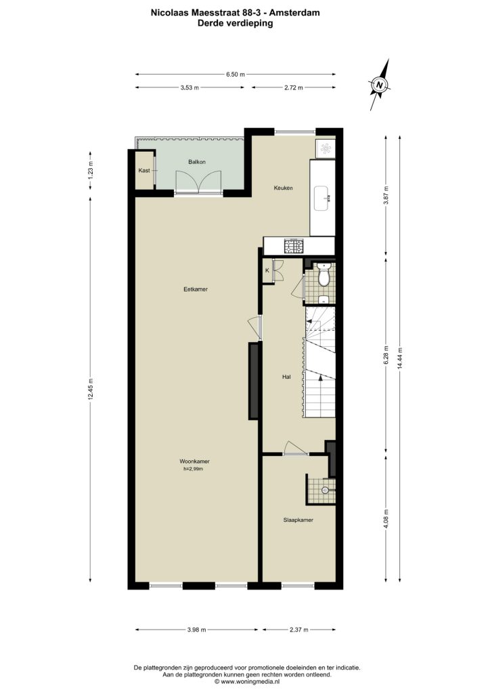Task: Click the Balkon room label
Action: [x=197, y=162]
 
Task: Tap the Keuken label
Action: [x=283, y=188]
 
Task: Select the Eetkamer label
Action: [x=196, y=289]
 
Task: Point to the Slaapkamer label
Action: [x=298, y=520]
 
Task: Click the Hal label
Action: [x=286, y=377]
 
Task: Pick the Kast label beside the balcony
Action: [x=144, y=170]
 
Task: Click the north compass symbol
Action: [x=380, y=85]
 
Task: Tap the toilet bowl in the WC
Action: [x=324, y=277]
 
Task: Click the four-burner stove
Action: [x=294, y=246]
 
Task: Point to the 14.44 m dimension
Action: [x=400, y=357]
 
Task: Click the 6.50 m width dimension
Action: [x=236, y=75]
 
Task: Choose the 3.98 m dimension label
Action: [x=197, y=630]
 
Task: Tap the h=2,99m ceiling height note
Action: [x=193, y=469]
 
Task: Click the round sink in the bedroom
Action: [x=326, y=490]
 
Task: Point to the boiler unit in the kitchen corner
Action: [x=326, y=148]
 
